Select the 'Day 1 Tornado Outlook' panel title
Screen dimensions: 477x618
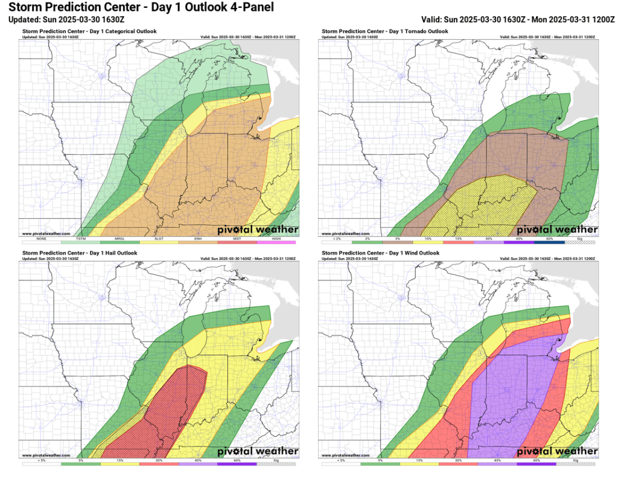coord(385,31)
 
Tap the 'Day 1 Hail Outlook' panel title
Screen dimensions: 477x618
coord(80,253)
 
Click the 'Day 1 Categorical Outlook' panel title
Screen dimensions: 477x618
coord(89,31)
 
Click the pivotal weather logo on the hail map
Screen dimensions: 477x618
coord(258,451)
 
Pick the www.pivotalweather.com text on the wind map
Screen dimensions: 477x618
coord(346,455)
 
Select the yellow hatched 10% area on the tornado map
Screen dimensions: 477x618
coord(483,202)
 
